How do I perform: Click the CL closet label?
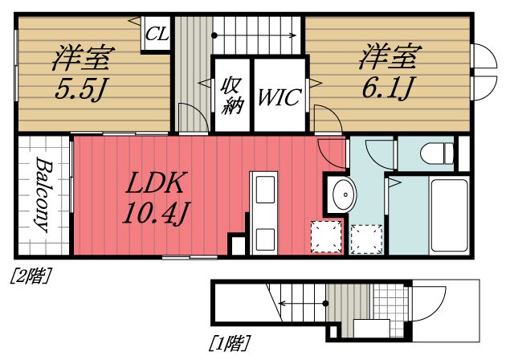156,35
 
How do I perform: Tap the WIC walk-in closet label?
279,97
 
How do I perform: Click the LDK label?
157,184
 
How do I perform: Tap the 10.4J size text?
156,214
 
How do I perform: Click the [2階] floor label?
30,277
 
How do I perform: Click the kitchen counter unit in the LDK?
263,213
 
